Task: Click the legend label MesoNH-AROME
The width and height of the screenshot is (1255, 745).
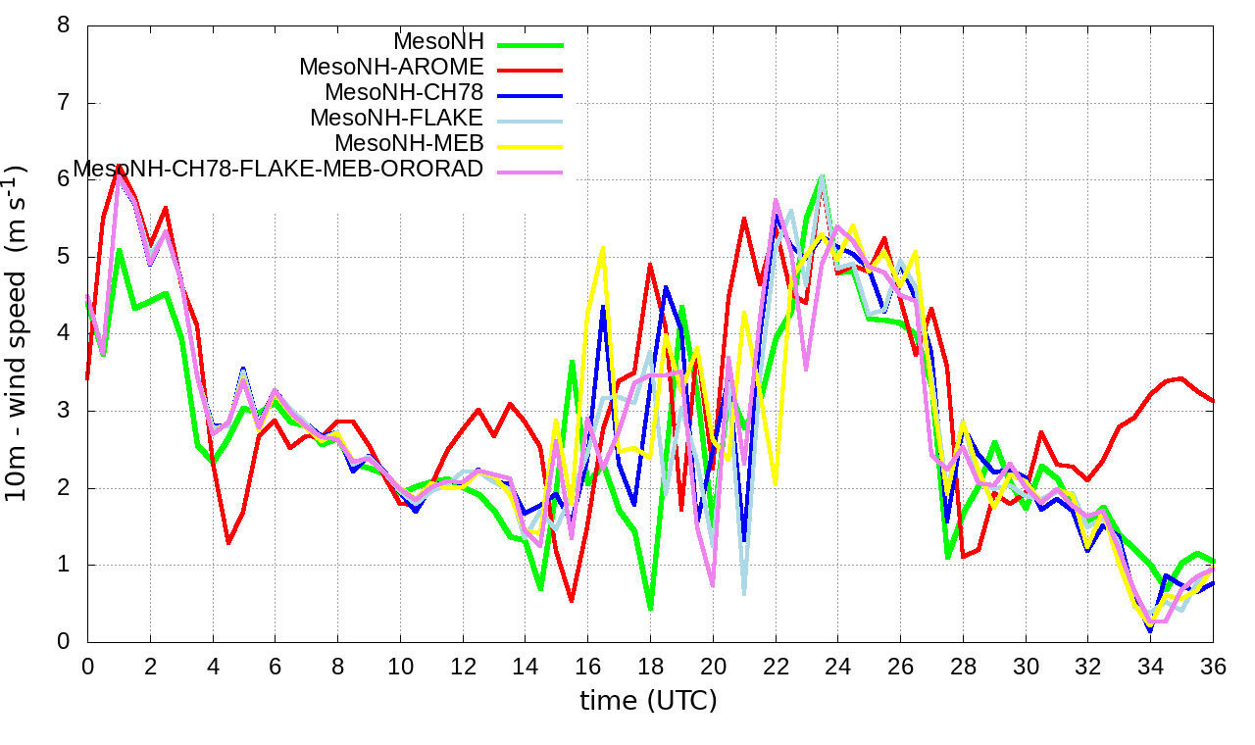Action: tap(391, 68)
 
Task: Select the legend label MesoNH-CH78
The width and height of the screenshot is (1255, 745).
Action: tap(404, 93)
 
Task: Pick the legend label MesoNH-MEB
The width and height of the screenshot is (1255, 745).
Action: tap(416, 144)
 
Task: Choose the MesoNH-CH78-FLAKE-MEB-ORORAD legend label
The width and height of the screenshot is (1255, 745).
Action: tap(278, 170)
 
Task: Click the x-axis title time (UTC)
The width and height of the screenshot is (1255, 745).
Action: tap(649, 701)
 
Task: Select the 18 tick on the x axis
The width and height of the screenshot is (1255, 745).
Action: tap(650, 667)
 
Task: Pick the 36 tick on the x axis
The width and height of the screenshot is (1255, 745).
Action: tap(1214, 667)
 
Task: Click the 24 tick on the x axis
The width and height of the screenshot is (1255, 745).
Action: tap(838, 667)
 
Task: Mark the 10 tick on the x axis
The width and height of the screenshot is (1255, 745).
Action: tap(400, 667)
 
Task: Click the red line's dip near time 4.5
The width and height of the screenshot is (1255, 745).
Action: tap(228, 542)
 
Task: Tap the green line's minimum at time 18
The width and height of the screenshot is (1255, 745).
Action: tap(650, 609)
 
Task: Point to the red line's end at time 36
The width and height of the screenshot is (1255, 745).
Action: tap(1214, 401)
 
